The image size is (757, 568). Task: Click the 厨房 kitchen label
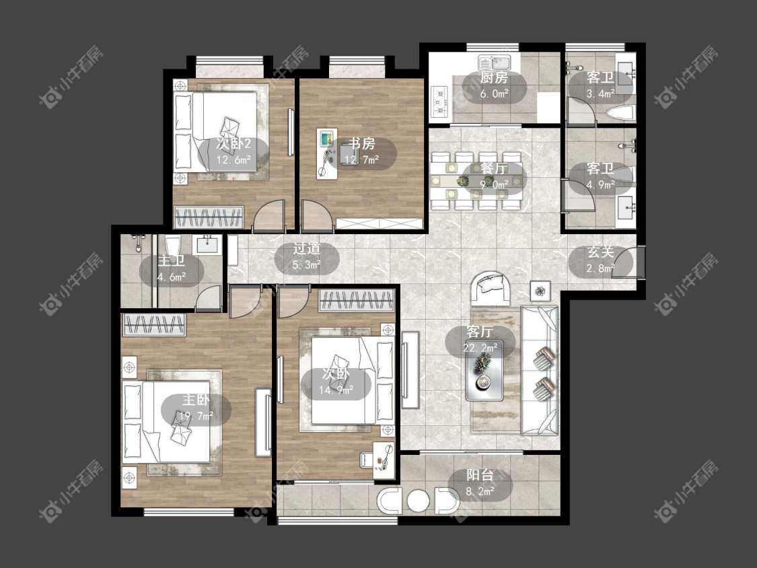point(494,78)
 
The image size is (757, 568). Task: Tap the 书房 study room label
point(361,143)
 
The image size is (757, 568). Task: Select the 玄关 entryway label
point(600,252)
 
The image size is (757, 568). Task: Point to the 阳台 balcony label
point(480,474)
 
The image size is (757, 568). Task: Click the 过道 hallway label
point(307,249)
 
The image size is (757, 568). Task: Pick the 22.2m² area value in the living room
point(480,347)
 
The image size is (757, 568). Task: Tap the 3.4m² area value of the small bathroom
point(600,94)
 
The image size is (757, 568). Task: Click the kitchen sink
point(495,63)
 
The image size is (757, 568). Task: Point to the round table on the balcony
point(418,501)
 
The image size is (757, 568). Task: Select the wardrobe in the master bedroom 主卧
point(155,324)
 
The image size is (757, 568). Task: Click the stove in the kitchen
point(440,100)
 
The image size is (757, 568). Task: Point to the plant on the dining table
point(463,180)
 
